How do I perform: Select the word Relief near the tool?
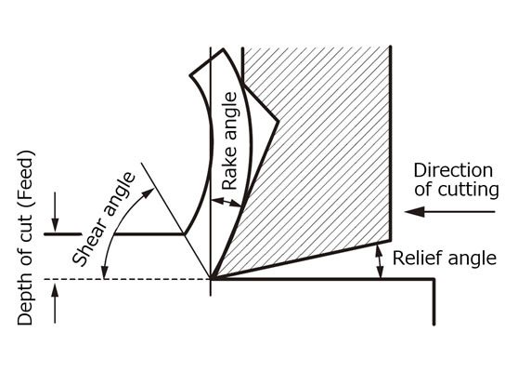pos(413,259)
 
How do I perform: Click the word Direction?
pos(453,170)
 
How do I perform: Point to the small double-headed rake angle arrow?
pos(227,202)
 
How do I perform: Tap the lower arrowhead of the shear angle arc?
pos(105,272)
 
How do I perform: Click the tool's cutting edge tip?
pos(211,279)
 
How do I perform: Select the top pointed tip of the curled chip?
pos(224,49)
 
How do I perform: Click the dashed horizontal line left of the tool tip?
pos(127,279)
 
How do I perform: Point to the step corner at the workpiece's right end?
pos(434,280)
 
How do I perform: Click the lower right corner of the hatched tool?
pos(391,240)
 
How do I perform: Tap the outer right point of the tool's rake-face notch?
pos(278,122)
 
